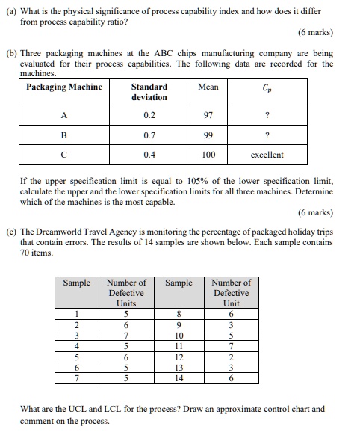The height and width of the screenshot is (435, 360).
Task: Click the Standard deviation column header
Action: pos(149,92)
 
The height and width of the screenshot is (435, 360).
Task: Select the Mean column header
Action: pos(208,87)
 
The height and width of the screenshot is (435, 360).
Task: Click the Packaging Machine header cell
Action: pos(64,87)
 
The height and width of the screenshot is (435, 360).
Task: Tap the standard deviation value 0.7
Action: pos(149,136)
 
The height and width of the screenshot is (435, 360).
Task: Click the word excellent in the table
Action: pos(267,155)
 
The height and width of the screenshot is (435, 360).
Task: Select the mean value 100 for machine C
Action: pos(208,155)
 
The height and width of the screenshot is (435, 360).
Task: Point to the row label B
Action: pos(63,136)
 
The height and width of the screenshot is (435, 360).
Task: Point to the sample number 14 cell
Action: pos(179,378)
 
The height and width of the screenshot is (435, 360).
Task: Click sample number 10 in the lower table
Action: pos(179,336)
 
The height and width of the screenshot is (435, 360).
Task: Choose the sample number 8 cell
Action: pos(179,315)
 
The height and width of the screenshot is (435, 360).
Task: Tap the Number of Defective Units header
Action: pos(126,293)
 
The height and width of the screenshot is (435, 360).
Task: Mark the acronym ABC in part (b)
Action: pos(161,55)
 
